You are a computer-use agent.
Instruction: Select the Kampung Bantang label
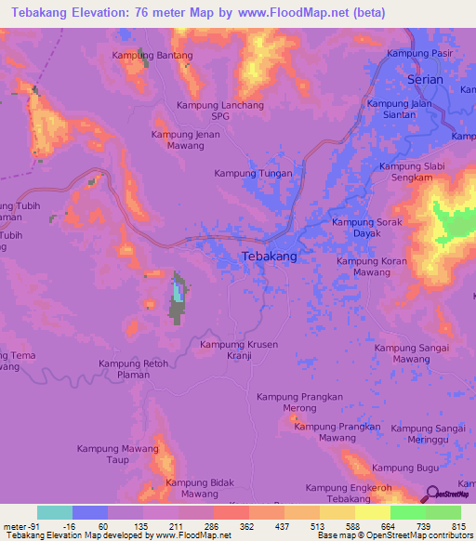[x=152, y=56]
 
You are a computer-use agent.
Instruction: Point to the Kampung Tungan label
[x=253, y=174]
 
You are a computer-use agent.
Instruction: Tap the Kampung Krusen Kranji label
[x=239, y=350]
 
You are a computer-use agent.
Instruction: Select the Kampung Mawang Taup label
[x=116, y=454]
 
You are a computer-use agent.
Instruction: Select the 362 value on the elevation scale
[x=247, y=527]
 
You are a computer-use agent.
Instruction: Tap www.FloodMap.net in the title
[x=296, y=12]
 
